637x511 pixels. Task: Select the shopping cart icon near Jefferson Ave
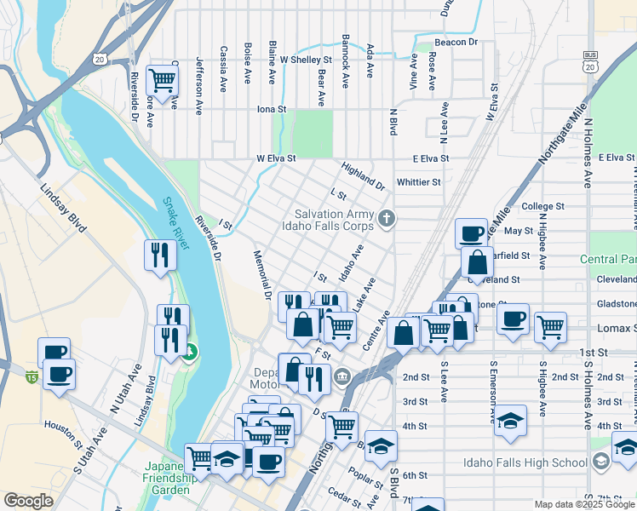pos(161,82)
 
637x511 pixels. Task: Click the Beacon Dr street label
pos(456,42)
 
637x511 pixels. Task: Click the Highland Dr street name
pos(364,176)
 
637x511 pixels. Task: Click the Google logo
pos(28,501)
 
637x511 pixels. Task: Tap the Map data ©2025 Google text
pos(584,504)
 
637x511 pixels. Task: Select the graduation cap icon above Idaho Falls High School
pos(510,421)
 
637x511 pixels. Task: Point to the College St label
pos(542,206)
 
